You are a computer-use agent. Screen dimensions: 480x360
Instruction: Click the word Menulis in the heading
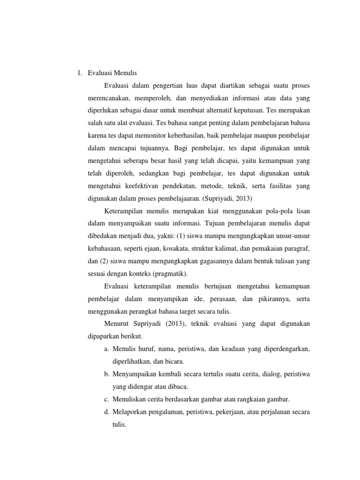click(x=124, y=72)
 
